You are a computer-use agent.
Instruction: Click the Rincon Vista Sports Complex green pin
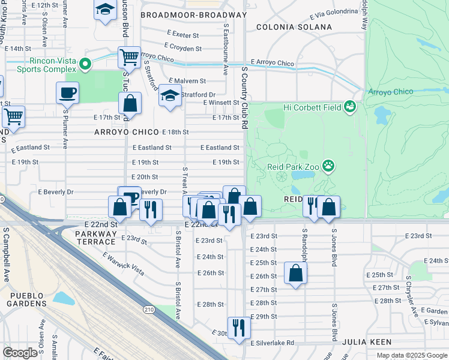tap(85, 63)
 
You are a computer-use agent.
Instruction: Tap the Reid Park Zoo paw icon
tap(328, 165)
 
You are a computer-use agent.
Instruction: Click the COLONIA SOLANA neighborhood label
tap(294, 27)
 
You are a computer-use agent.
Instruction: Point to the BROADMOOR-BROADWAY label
tap(193, 14)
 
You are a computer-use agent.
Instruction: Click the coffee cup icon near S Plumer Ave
tap(67, 93)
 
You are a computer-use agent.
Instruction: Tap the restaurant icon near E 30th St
tap(238, 327)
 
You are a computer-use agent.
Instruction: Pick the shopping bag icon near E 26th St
tap(296, 273)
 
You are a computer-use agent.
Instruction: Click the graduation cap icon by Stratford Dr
tap(170, 95)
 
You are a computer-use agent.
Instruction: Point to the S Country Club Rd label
tap(245, 98)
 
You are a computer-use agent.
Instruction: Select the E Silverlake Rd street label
tap(273, 343)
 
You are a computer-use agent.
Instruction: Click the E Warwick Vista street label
tap(123, 263)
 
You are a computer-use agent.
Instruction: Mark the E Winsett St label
tap(221, 103)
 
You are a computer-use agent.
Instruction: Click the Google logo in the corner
tap(20, 353)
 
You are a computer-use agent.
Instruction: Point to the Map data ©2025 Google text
tap(412, 355)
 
